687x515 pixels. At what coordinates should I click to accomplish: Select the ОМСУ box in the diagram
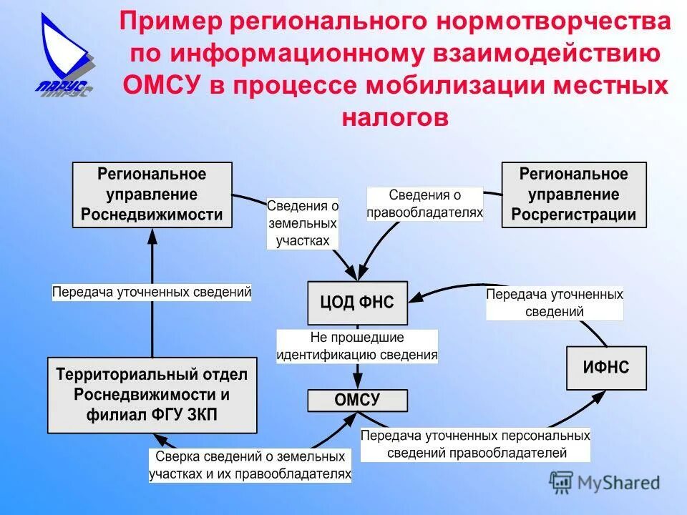pos(357,401)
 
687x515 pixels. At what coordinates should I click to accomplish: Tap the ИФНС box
pos(606,368)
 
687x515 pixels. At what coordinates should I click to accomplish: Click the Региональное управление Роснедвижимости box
pos(152,195)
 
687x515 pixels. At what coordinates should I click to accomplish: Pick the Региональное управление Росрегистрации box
pos(573,195)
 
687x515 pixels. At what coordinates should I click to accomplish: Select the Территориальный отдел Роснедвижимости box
pos(152,395)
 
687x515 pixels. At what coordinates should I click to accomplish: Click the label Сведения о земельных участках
pos(303,223)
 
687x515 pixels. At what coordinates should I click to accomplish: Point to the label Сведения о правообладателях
pos(424,203)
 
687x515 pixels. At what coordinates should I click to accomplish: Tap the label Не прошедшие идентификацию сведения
pos(357,345)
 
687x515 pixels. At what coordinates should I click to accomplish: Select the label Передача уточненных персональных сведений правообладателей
pos(475,443)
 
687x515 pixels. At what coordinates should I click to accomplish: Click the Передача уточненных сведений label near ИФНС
pos(555,303)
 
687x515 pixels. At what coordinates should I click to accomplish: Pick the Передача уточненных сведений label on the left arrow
pos(152,292)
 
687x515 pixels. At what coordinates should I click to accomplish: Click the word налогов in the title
pos(395,117)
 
